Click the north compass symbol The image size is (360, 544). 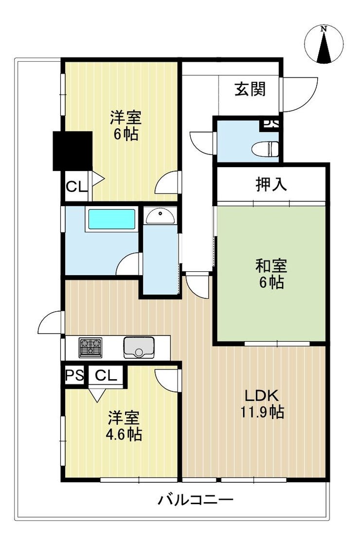[324, 44]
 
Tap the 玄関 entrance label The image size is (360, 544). [250, 89]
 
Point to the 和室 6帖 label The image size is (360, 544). [271, 274]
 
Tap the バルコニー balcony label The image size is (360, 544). [196, 500]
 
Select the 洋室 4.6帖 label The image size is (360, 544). [124, 426]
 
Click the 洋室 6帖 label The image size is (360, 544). [126, 125]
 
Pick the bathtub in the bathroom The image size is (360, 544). [111, 219]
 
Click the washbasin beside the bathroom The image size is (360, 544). [160, 216]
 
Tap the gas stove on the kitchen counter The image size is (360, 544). [90, 348]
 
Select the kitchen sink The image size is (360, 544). [139, 348]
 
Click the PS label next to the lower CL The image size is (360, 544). [74, 375]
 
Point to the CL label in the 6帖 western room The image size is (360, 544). [76, 187]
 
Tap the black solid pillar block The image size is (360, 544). [72, 151]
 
